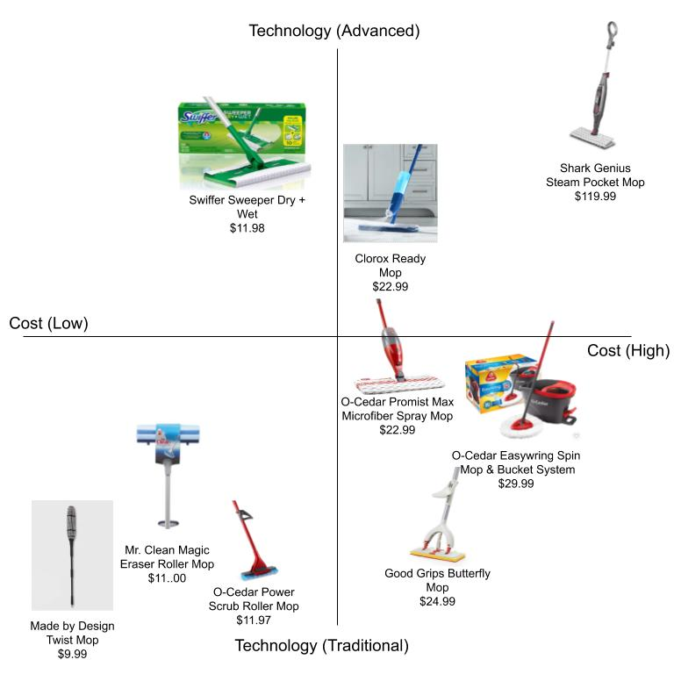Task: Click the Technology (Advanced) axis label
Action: (334, 31)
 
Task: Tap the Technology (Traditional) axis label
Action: (322, 646)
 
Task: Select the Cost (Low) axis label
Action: (49, 323)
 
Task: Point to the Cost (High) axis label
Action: (627, 350)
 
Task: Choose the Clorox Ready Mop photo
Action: (390, 193)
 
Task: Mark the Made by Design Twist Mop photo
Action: (72, 555)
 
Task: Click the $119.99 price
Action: (595, 196)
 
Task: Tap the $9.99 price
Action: (72, 654)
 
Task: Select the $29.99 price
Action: (516, 483)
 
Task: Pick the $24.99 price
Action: (437, 601)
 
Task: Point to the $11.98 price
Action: (247, 227)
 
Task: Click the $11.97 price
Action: (254, 620)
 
